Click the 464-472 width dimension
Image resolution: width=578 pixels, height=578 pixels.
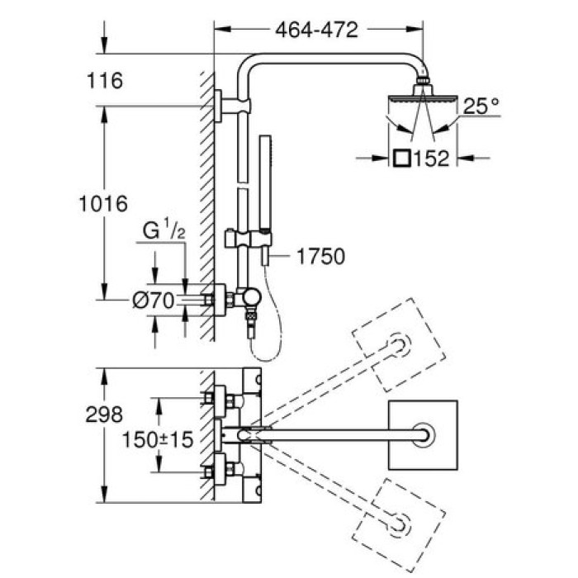[316, 30]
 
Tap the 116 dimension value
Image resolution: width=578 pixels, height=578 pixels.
[104, 81]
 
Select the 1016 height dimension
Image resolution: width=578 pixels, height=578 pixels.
[105, 203]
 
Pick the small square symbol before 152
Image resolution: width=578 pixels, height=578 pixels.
[403, 157]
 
